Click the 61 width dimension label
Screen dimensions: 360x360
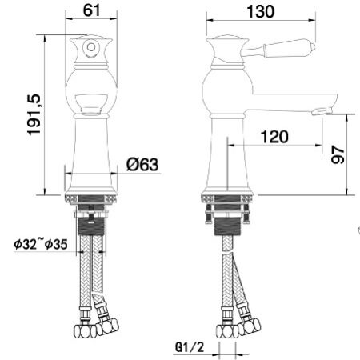[91, 10]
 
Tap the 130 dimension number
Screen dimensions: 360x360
[261, 12]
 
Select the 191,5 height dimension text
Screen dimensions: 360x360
[34, 115]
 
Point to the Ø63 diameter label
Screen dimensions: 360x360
[142, 164]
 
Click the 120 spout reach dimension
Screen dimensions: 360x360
[274, 137]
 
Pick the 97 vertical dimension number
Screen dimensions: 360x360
[338, 154]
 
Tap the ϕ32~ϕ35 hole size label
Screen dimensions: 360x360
[41, 244]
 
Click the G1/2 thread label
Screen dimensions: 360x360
[190, 347]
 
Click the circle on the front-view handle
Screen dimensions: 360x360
[91, 47]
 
